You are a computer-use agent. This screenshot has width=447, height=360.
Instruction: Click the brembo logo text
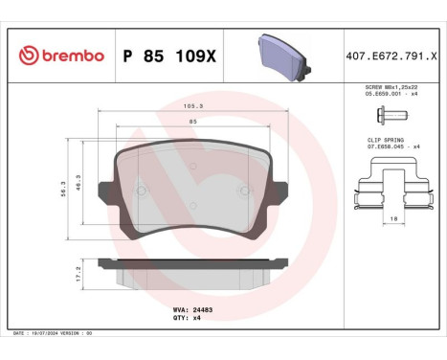64,56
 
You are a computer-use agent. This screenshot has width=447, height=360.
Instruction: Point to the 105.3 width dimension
193,107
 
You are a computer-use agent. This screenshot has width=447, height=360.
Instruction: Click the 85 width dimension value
193,122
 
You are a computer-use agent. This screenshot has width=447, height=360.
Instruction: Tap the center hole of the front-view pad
193,166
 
